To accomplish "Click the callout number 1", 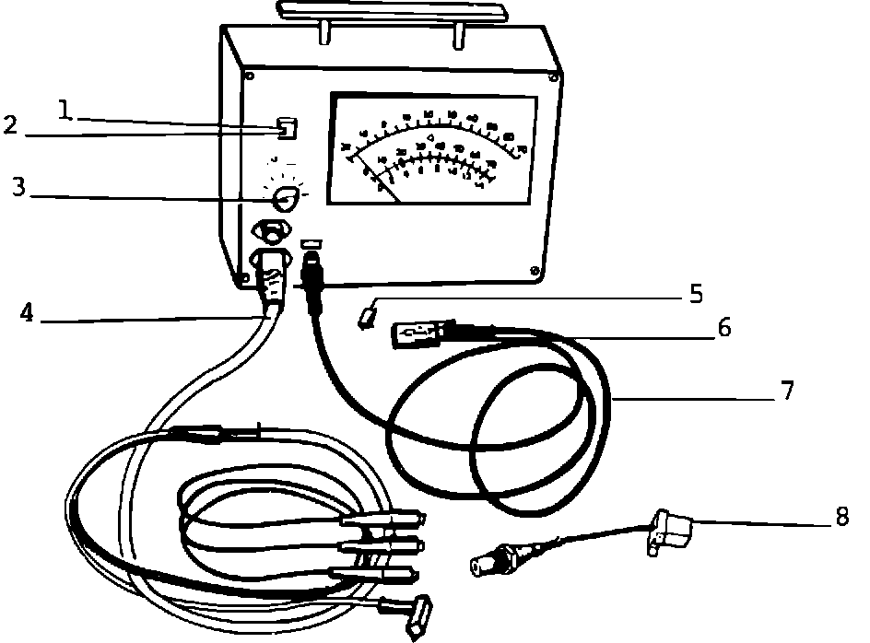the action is click(x=64, y=111).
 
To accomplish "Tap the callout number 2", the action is click(x=10, y=125).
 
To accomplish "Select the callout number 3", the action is click(x=18, y=188).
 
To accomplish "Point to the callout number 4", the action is click(x=27, y=313).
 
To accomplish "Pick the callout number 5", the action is click(x=696, y=295).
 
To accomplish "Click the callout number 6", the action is click(x=723, y=328).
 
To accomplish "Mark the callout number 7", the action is click(x=786, y=391).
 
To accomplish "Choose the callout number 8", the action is click(x=841, y=517).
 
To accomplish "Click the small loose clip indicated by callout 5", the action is click(x=368, y=318).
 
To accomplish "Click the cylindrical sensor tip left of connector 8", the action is click(x=488, y=561).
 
